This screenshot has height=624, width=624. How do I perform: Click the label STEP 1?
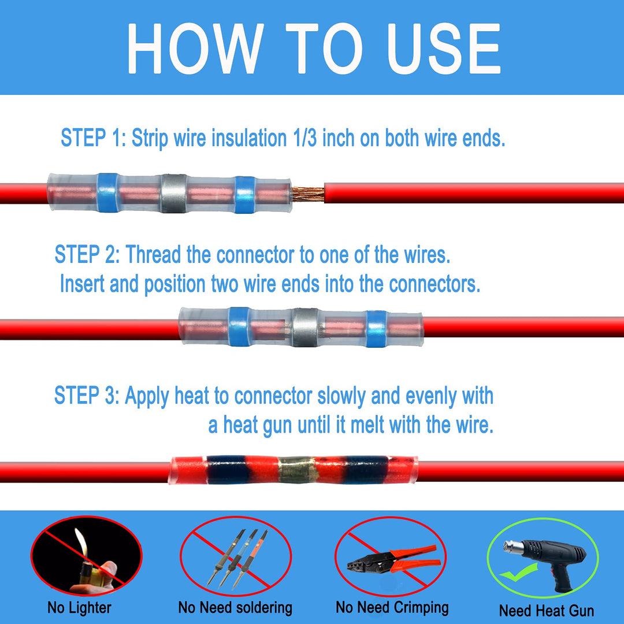(x=91, y=139)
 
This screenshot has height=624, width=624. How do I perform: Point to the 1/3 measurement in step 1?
(x=302, y=139)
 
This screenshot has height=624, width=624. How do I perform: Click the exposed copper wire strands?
(x=307, y=193)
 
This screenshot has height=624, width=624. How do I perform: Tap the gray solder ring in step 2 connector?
(x=305, y=328)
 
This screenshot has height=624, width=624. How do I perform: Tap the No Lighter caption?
(x=79, y=607)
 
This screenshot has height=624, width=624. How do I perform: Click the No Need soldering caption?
(x=235, y=607)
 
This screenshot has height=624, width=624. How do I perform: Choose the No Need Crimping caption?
(x=392, y=607)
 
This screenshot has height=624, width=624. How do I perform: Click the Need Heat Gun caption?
(x=546, y=610)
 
